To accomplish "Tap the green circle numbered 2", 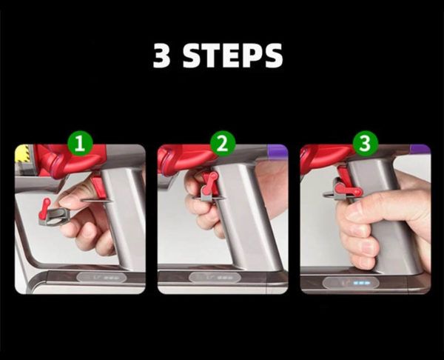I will (221, 144).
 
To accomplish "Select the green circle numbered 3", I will (363, 144).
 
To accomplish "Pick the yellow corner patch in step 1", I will (21, 153).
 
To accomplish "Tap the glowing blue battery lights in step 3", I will (360, 282).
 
